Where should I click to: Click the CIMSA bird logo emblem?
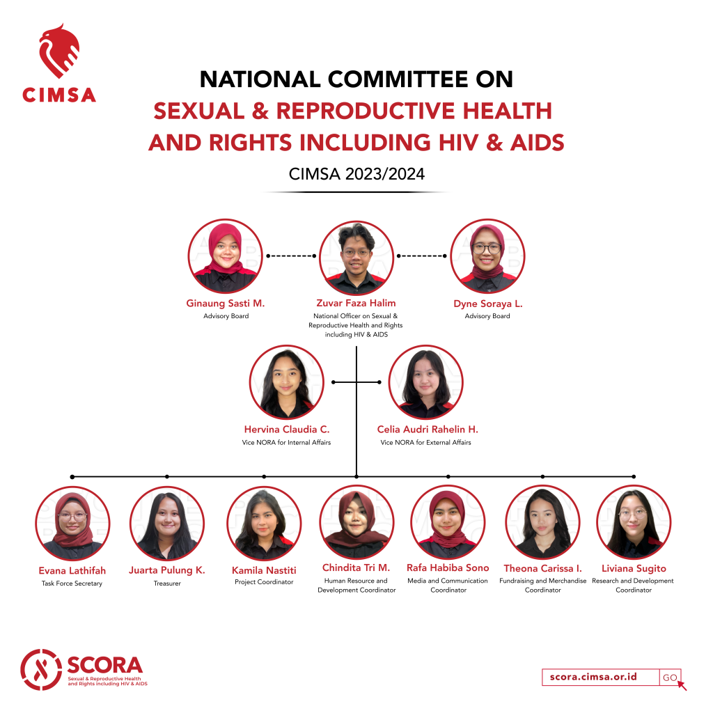coord(59,51)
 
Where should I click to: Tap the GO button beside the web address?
coord(670,677)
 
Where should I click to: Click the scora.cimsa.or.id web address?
coord(593,677)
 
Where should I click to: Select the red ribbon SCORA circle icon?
coord(41,669)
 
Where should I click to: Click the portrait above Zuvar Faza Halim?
coord(356,258)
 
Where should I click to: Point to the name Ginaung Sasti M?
coord(225,304)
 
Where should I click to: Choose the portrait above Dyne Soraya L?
coord(487,256)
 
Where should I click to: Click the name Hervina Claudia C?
coord(286,429)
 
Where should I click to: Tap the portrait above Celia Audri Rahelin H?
coord(425,382)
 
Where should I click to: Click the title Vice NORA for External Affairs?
coord(425,442)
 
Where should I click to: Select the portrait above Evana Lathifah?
coord(72,524)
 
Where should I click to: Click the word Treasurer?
coord(167,583)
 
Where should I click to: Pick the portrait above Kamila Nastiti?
coord(264,524)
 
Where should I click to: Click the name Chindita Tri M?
coord(356,567)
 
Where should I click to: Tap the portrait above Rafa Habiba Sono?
coord(448,522)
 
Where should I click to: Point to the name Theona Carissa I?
coord(542,568)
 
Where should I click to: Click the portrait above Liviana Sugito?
coord(634,522)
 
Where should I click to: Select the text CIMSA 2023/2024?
coord(356,173)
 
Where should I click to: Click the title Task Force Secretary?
coord(72,583)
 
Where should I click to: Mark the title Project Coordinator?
coord(264,582)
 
